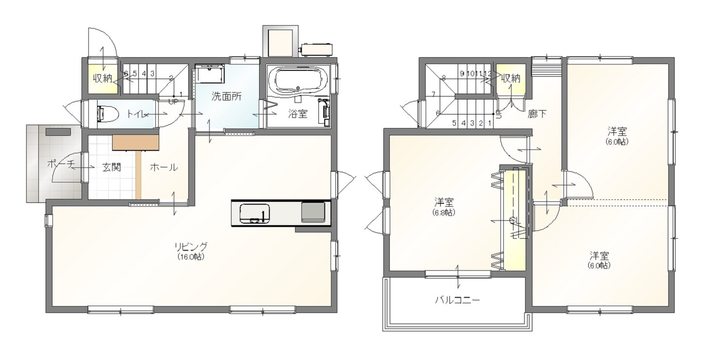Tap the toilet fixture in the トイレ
[107, 114]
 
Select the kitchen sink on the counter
[255, 213]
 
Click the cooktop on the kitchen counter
[313, 212]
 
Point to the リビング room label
[191, 246]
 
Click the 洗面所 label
[226, 97]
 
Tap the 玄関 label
[112, 167]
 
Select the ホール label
[164, 167]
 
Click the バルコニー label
[457, 300]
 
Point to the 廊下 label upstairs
[537, 114]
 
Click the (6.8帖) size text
[444, 213]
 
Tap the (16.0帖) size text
[191, 257]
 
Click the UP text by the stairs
[173, 102]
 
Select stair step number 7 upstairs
[433, 94]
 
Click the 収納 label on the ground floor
[102, 78]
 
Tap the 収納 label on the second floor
[511, 78]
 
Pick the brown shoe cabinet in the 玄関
[136, 142]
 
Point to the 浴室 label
[298, 114]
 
